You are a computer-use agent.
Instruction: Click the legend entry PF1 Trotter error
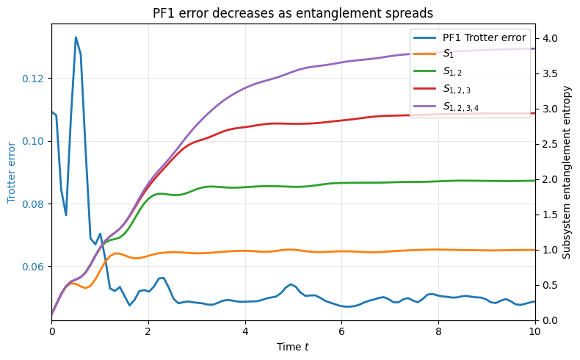(x=484, y=38)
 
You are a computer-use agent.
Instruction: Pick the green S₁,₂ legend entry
(x=453, y=72)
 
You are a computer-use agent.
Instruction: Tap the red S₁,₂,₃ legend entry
(x=457, y=89)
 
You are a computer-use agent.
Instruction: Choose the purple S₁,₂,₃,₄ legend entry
(x=462, y=106)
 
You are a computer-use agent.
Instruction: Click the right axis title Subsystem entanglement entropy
(x=566, y=172)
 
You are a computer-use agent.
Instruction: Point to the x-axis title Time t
(x=293, y=346)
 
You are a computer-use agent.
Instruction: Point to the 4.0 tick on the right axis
(x=549, y=38)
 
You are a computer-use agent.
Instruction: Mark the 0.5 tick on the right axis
(x=549, y=285)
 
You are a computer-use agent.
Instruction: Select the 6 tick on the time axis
(x=341, y=331)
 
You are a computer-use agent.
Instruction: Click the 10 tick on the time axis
(x=534, y=331)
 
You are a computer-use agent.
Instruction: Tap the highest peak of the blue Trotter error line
(x=76, y=37)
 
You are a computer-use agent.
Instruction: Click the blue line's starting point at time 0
(x=52, y=112)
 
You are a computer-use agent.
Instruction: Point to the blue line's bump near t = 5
(x=291, y=284)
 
